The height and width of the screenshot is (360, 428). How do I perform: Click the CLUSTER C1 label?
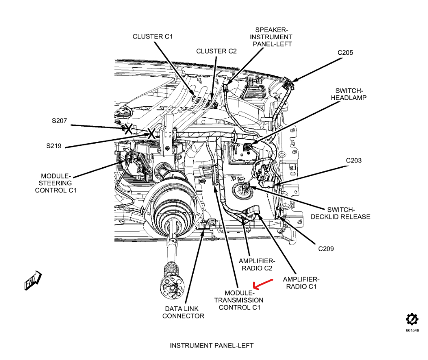pos(153,37)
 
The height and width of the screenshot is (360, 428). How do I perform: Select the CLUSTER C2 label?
pos(216,51)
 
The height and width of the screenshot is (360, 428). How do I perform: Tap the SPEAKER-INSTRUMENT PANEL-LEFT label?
pos(272,37)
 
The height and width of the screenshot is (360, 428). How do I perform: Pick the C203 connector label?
pos(353,161)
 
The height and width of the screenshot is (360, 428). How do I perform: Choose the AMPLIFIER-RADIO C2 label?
pos(257,265)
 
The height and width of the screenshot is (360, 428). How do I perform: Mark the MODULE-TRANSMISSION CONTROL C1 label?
pos(239,300)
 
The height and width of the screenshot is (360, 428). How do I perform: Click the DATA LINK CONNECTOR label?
pos(183,312)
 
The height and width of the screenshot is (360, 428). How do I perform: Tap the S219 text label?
pos(54,145)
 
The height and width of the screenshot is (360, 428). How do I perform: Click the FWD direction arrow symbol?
pos(33,280)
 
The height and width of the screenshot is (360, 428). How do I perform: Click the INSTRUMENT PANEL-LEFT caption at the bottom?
pos(212,346)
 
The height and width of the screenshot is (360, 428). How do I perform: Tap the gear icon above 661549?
pos(412,319)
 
